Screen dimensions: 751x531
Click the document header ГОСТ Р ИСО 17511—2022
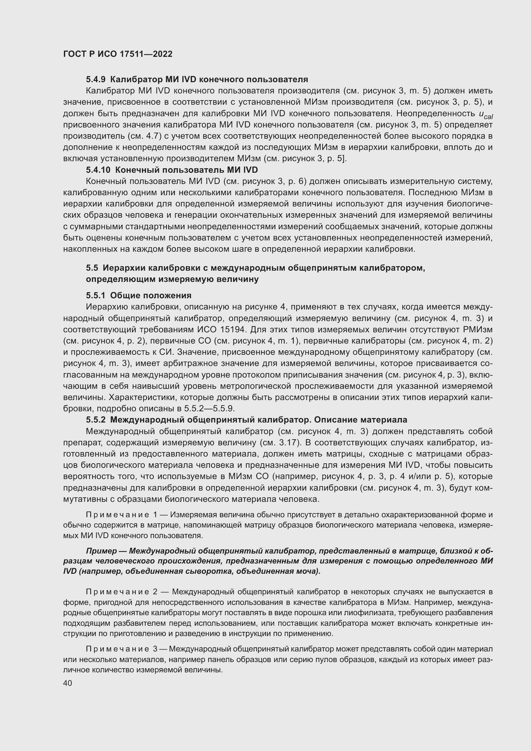(118, 54)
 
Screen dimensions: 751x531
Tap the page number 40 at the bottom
(68, 683)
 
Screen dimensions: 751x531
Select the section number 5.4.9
(96, 80)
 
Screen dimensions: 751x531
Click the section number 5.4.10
(99, 170)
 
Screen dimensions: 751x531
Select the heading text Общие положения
(151, 295)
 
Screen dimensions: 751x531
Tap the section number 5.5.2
(96, 420)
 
